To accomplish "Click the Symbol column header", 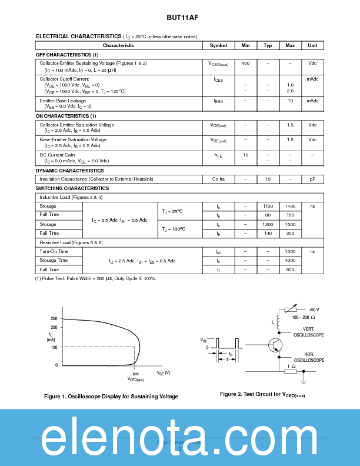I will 218,45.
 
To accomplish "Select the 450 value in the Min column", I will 245,63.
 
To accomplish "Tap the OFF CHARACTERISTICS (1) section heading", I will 67,55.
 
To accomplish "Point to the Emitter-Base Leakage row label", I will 62,101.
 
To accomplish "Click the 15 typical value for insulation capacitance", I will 268,179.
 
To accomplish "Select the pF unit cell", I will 312,179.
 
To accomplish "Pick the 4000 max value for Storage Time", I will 290,260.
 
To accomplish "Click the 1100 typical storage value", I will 268,207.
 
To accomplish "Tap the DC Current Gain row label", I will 57,155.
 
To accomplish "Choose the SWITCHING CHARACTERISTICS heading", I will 72,188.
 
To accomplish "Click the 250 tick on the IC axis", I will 54,318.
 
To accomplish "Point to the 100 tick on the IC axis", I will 54,347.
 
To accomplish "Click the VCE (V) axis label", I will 163,373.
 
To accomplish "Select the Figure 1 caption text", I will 111,397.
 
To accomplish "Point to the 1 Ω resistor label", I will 291,366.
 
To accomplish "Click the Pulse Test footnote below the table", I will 96,278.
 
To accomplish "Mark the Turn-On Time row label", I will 54,251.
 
